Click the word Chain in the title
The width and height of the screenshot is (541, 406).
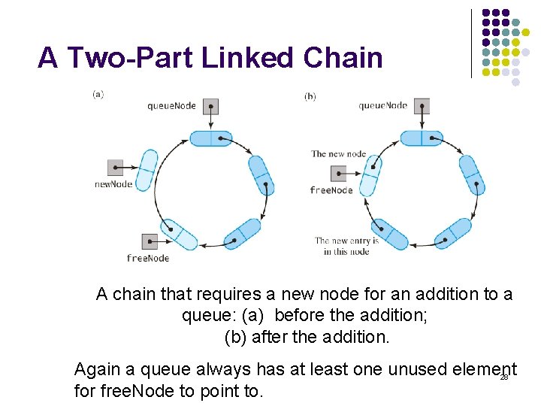point(343,58)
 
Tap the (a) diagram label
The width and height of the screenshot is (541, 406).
point(98,95)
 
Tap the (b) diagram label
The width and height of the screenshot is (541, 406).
point(310,96)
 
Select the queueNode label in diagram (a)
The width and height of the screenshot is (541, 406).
point(171,106)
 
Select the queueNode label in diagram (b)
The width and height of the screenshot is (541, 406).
point(382,106)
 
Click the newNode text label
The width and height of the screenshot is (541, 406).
point(113,184)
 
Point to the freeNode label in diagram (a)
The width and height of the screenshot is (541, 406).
point(148,259)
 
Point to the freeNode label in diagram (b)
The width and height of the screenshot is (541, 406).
point(331,190)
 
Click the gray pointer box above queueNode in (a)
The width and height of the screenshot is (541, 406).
point(210,106)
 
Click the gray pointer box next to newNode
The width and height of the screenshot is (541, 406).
point(115,167)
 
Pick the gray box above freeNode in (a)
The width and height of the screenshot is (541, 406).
point(150,241)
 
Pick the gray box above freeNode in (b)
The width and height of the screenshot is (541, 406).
point(338,174)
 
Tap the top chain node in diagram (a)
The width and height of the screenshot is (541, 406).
point(211,138)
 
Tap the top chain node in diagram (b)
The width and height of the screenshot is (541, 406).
point(422,138)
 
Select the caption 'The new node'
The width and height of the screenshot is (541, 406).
point(338,154)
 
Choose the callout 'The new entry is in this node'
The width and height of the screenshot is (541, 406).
point(346,246)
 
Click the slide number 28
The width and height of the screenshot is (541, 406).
point(504,377)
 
